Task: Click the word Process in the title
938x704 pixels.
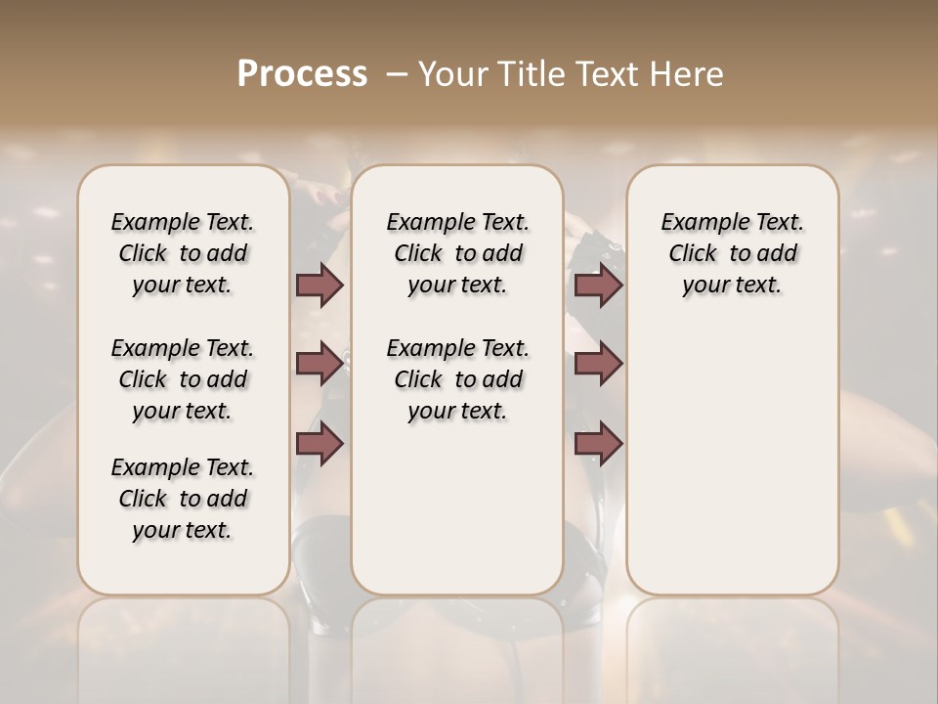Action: (302, 73)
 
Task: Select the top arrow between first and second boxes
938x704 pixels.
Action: (320, 286)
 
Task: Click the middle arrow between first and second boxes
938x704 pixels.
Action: (320, 364)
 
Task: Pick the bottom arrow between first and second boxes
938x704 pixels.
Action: (320, 443)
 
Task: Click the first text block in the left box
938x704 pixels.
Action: (183, 253)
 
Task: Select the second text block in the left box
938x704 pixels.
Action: (183, 379)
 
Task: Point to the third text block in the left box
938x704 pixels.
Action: (183, 499)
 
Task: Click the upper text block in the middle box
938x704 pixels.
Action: (457, 253)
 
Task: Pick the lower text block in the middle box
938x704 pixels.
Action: (457, 379)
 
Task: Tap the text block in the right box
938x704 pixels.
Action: (732, 253)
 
